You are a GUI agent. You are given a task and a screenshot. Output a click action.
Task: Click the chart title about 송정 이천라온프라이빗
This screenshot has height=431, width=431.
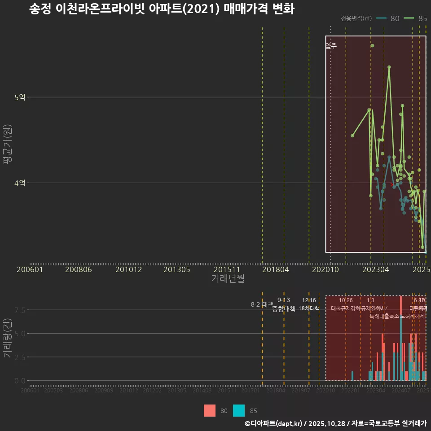point(162,9)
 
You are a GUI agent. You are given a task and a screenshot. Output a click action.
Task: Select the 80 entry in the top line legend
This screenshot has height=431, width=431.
point(395,18)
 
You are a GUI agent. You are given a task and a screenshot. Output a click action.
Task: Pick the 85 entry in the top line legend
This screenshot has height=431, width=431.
point(422,18)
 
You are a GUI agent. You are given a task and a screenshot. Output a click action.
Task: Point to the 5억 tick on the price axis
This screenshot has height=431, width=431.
point(20,97)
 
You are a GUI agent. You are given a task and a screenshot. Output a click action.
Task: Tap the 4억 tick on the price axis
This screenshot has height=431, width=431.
point(20,183)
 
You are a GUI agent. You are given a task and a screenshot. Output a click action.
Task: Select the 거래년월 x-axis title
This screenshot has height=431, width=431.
point(228,279)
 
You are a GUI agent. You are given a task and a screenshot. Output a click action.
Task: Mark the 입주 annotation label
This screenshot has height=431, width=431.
point(331,46)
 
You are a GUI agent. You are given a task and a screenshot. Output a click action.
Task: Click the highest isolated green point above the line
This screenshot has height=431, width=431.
point(372,46)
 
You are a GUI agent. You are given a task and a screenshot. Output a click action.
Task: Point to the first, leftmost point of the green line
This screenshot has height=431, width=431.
point(352,136)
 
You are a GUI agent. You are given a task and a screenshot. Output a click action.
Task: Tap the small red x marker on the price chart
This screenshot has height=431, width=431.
point(392,184)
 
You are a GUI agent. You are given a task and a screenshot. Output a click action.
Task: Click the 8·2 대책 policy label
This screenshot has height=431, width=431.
point(262,304)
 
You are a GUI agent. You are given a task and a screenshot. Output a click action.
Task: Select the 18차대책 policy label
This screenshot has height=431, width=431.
point(309,308)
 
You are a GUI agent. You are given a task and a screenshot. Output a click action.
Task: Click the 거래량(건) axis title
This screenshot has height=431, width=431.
point(7,338)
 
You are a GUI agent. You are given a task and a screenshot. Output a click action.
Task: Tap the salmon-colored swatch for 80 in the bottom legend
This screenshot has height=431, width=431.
point(210,410)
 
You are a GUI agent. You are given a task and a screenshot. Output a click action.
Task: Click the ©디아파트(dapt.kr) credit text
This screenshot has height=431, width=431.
point(274,423)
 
